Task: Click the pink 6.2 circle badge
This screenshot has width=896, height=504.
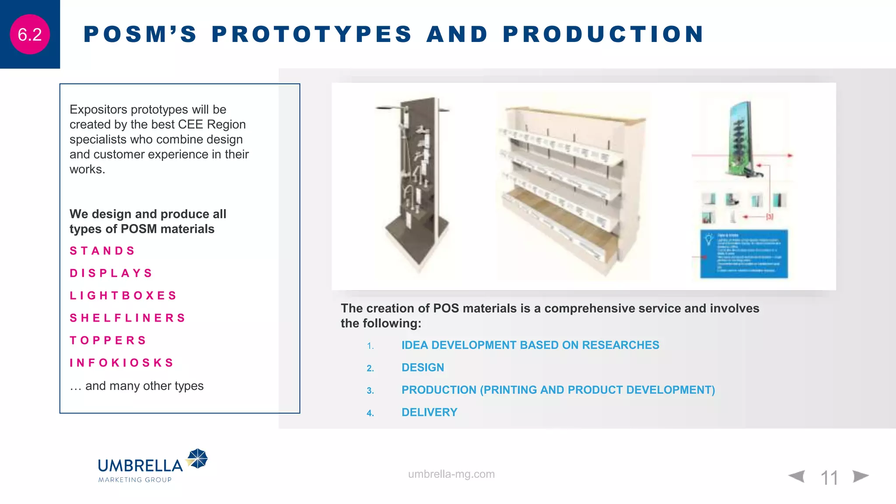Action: click(x=30, y=35)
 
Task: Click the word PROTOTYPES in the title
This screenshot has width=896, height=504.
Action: click(x=311, y=34)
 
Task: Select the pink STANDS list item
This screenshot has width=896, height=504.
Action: click(x=102, y=251)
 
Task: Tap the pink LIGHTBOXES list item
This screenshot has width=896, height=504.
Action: click(x=123, y=296)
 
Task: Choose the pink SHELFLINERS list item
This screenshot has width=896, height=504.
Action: click(x=127, y=318)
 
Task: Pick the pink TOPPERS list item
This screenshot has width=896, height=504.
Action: click(x=108, y=340)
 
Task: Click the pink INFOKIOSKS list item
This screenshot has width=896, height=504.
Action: click(x=122, y=363)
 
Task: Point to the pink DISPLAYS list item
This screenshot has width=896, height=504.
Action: click(x=111, y=273)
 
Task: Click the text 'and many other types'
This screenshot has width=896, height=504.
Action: click(x=144, y=386)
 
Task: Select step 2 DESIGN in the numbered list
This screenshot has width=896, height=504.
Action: click(x=423, y=367)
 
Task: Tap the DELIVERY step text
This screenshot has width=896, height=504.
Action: click(x=429, y=412)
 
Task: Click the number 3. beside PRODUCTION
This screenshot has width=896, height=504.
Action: click(x=370, y=391)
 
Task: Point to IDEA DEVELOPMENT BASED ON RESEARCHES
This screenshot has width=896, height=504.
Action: click(x=530, y=345)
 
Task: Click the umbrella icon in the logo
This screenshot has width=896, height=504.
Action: click(x=198, y=458)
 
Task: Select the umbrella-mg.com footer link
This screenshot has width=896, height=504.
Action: click(x=451, y=474)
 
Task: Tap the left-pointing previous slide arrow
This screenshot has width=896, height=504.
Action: click(x=797, y=476)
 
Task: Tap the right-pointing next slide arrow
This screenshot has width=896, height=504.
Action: click(x=860, y=476)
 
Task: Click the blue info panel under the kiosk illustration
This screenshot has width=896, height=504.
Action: click(x=743, y=254)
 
